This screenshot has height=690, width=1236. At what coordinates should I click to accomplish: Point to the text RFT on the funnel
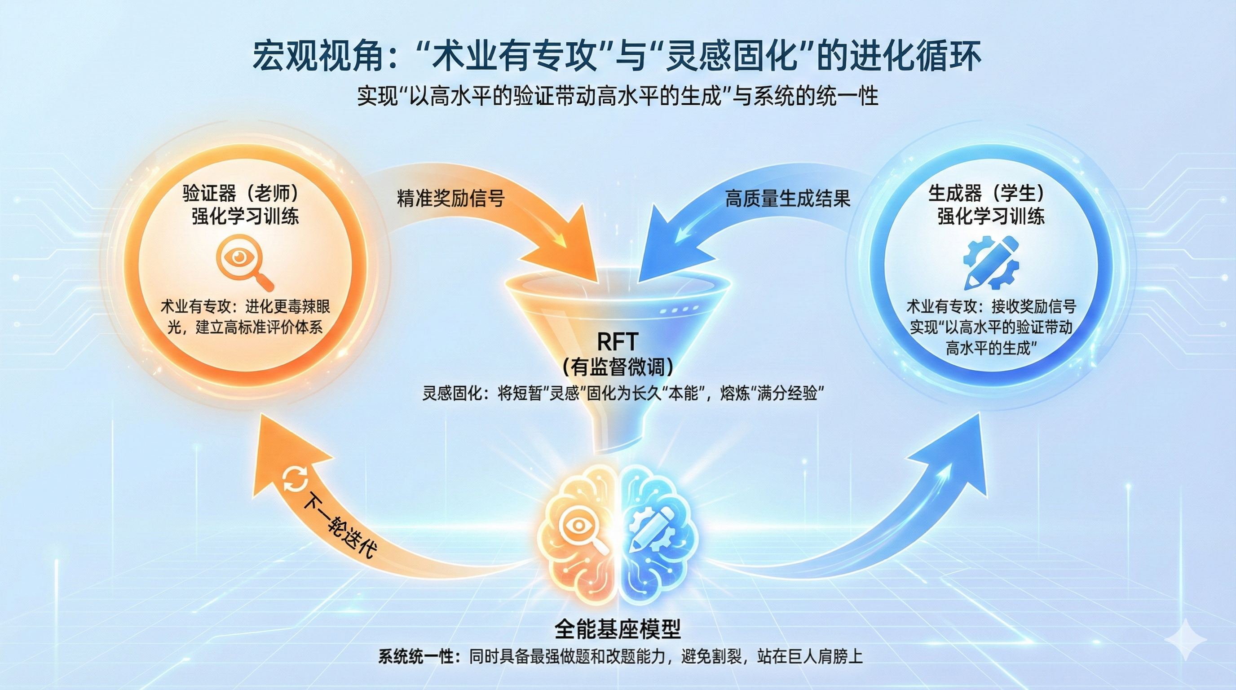617,342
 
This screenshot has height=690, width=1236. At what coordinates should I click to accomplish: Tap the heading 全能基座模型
618,628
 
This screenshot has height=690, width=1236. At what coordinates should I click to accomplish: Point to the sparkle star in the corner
1185,640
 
